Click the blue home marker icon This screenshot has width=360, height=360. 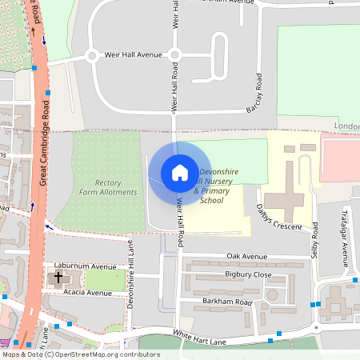179,173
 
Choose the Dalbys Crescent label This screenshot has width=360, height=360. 280,218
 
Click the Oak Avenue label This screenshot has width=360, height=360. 246,256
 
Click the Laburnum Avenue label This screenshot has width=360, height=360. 85,266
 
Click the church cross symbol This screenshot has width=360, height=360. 58,278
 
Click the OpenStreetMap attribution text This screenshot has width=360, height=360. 81,354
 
